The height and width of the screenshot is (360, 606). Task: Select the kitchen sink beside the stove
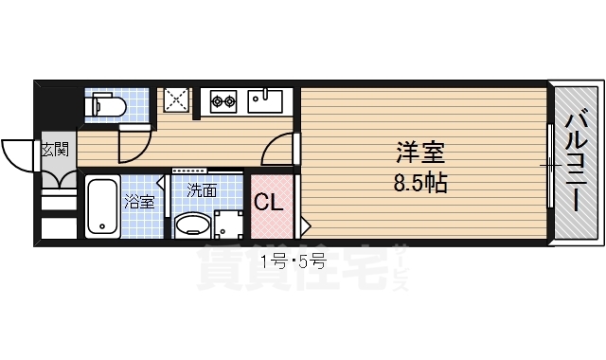tap(267, 98)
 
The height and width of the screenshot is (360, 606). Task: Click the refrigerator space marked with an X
tap(176, 99)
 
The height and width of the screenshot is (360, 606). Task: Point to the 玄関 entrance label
tap(54, 149)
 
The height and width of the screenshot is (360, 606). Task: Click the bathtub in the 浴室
tap(101, 207)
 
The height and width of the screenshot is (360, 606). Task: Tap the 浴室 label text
tap(139, 201)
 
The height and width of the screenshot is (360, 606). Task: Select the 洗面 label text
tap(201, 190)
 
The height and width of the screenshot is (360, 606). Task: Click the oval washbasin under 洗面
tap(192, 225)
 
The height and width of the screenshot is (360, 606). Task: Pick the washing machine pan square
tap(227, 225)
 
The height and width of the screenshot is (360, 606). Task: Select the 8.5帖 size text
tap(420, 181)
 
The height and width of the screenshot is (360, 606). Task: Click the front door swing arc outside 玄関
tap(20, 152)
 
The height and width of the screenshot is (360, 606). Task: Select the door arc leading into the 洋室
tap(276, 148)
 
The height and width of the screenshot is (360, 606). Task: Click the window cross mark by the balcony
tap(551, 167)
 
